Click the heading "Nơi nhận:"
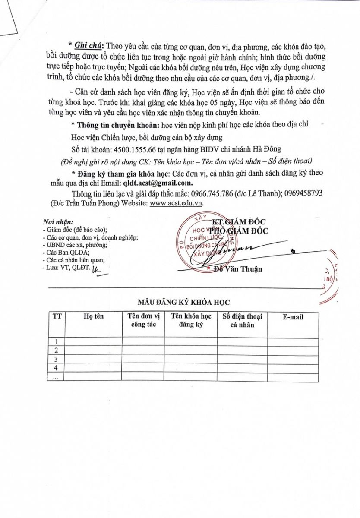click(x=58, y=222)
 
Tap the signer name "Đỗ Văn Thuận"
click(x=238, y=269)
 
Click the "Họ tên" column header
click(x=94, y=316)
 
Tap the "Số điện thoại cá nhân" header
click(x=242, y=320)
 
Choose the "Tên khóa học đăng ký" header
click(x=191, y=320)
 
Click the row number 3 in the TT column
click(x=56, y=359)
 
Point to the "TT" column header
click(x=57, y=316)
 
